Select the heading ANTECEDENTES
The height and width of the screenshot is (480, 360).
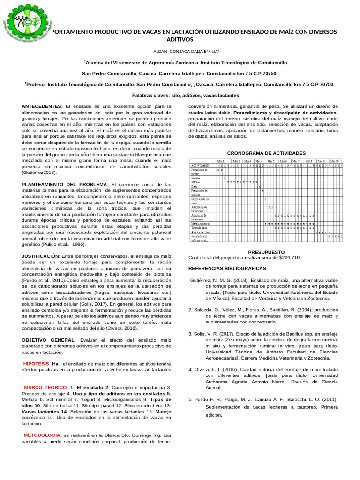pos(42,107)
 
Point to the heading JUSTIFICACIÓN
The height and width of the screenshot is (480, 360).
pos(40,256)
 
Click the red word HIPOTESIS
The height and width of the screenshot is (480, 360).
pos(36,364)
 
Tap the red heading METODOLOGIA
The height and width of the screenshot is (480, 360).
pos(43,435)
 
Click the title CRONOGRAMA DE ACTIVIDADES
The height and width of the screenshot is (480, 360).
pos(266,153)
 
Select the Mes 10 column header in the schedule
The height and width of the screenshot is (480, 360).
pos(335,161)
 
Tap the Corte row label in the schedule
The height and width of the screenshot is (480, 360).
pos(195,186)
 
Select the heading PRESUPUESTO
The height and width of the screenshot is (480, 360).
pos(266,252)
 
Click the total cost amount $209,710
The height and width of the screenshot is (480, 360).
pos(289,258)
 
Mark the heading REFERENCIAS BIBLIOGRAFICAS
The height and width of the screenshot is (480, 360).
pos(227,268)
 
